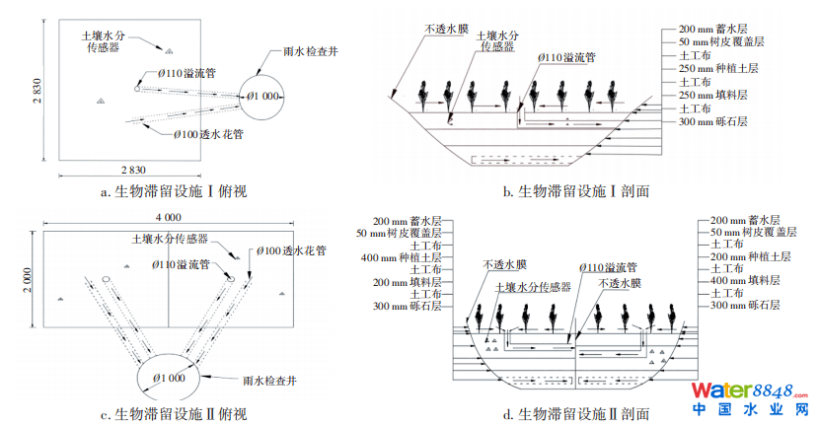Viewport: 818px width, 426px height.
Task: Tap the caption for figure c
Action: click(x=173, y=414)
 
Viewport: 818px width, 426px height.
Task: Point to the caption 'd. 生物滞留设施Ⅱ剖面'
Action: click(x=576, y=414)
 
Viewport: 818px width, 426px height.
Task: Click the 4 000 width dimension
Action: click(x=168, y=216)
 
